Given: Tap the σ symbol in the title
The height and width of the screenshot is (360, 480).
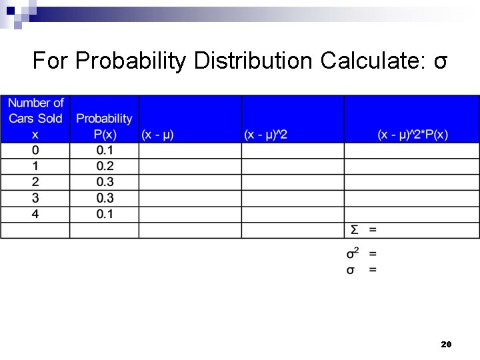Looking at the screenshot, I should click(x=440, y=62).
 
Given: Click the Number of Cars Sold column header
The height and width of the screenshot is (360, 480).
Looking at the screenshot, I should click(x=36, y=118).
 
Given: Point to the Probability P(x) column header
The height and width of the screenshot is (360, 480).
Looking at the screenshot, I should click(x=104, y=126).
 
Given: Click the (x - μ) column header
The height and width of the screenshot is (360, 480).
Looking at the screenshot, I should click(x=157, y=134).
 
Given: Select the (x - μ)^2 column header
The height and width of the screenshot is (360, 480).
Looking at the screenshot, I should click(x=265, y=134).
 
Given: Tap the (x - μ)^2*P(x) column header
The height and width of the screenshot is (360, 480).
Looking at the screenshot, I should click(x=413, y=134).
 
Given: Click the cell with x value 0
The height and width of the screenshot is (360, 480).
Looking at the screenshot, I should click(x=35, y=150).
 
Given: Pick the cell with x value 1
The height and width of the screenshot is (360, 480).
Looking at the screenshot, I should click(x=35, y=166).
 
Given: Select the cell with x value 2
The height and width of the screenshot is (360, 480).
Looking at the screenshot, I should click(x=35, y=182).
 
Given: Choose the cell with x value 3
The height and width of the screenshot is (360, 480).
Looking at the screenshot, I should click(x=35, y=198).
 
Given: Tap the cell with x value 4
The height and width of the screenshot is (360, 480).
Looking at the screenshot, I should click(x=35, y=214).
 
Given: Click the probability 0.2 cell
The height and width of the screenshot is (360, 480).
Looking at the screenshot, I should click(x=105, y=166).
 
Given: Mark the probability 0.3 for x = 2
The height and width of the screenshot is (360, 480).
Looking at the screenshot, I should click(x=105, y=182).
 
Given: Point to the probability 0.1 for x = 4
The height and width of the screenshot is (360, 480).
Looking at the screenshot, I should click(x=105, y=214).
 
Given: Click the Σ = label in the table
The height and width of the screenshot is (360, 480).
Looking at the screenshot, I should click(x=363, y=230).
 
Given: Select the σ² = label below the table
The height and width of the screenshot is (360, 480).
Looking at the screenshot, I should click(x=361, y=253).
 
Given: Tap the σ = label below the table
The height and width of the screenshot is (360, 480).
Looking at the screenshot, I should click(x=361, y=269).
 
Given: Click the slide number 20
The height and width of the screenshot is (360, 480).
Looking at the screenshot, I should click(x=446, y=345).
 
